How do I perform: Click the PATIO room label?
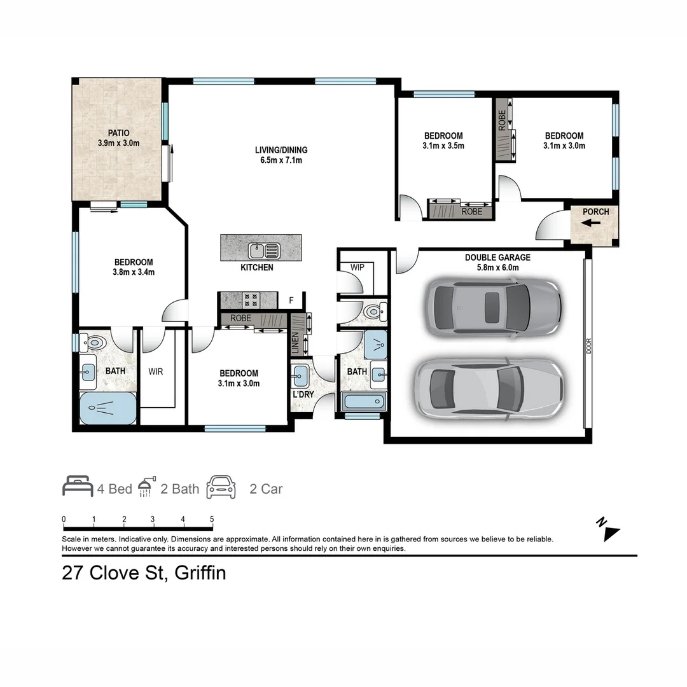point(119,133)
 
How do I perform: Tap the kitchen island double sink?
point(264,251)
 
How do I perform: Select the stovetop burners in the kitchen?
point(251,300)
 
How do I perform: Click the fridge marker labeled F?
point(291,300)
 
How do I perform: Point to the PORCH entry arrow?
point(591,223)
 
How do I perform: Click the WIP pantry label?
point(357,267)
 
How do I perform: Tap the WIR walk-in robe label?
point(156,371)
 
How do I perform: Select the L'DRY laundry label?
point(303,394)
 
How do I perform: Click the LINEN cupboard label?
point(295,343)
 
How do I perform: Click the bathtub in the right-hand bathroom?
point(364,401)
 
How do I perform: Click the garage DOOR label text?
point(588,346)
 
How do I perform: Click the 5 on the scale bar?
point(212,519)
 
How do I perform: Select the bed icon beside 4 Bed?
point(78,487)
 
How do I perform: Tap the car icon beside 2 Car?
point(221,487)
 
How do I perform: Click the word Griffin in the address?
point(200,573)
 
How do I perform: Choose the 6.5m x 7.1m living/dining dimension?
point(281,160)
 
